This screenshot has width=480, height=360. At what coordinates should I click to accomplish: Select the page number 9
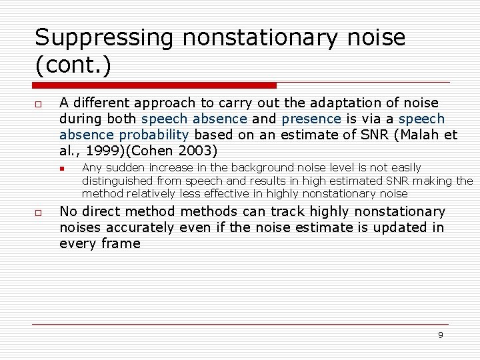pyautogui.click(x=440, y=335)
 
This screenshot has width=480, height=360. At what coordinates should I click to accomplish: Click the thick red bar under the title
pyautogui.click(x=155, y=85)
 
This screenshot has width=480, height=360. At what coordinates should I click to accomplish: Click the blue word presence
pyautogui.click(x=311, y=119)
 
